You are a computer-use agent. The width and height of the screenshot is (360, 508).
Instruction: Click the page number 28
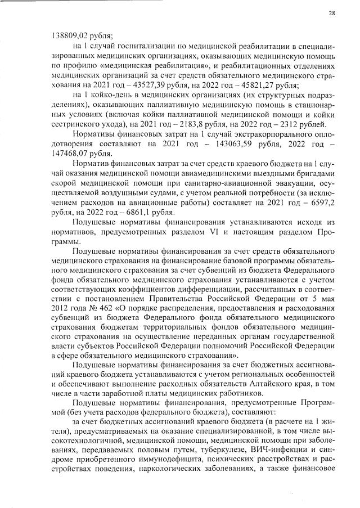[332, 14]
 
